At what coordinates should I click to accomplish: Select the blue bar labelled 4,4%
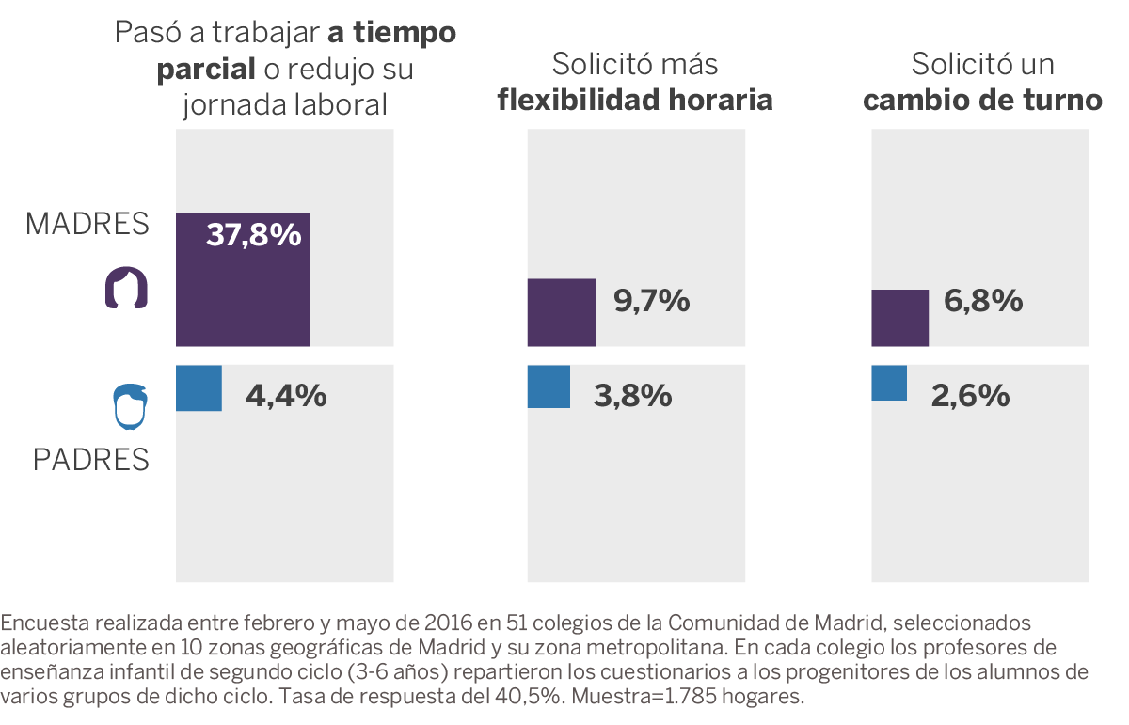pos(199,388)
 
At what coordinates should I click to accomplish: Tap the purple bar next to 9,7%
pos(562,312)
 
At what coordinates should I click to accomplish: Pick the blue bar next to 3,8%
pos(549,386)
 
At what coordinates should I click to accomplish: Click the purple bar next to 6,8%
pos(900,318)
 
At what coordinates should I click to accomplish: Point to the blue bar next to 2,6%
pos(889,383)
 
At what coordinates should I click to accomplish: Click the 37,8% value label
pos(253,235)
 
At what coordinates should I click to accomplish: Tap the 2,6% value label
pos(970,396)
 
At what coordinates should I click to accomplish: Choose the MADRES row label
pos(87,224)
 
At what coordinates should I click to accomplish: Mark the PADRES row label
pos(91,460)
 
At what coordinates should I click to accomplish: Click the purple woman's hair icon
pos(126,290)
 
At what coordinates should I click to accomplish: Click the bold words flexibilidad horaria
pos(635,100)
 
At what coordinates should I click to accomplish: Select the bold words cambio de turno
pos(982,100)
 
